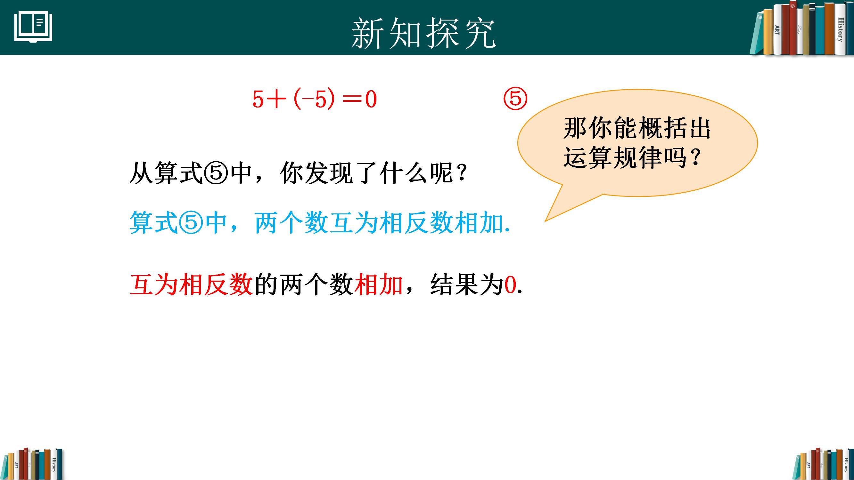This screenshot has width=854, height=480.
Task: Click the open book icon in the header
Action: [33, 27]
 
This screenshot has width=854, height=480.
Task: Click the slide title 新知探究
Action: [423, 34]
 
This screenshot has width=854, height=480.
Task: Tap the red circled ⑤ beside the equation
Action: [515, 99]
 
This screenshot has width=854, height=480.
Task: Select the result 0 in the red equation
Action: [371, 100]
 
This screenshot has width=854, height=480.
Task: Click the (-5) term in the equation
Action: [314, 100]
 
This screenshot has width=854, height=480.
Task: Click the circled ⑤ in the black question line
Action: [216, 173]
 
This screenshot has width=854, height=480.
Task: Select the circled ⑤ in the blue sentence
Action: [191, 222]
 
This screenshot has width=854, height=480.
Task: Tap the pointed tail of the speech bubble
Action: [546, 220]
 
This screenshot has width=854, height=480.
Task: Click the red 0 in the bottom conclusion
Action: [510, 285]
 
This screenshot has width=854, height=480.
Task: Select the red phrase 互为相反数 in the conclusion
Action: [191, 284]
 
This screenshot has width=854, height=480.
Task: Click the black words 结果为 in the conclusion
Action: [467, 284]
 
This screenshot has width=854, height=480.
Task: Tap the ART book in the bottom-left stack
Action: [16, 465]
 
